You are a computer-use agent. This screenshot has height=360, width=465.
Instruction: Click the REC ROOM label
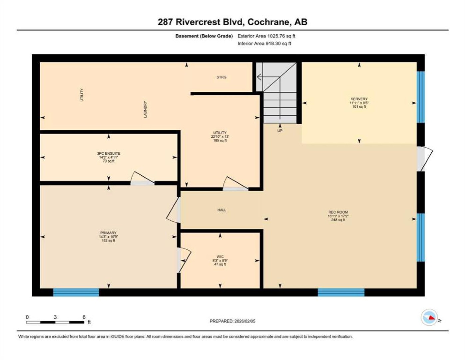(338, 212)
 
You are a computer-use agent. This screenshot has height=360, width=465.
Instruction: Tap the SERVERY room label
(359, 99)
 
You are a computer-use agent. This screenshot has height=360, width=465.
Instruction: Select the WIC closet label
(220, 257)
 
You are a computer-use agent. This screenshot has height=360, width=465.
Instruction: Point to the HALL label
(222, 210)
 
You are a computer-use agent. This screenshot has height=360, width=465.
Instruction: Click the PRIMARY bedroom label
(108, 233)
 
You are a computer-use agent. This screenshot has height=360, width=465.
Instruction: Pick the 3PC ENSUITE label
(109, 154)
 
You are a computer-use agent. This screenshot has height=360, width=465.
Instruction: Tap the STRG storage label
(221, 77)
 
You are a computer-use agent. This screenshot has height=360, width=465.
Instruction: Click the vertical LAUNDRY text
(145, 109)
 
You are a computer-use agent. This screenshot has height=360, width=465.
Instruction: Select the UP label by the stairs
(280, 131)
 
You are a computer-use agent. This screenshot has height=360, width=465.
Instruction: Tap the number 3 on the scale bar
(55, 317)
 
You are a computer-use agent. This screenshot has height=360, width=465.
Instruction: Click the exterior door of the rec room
(425, 159)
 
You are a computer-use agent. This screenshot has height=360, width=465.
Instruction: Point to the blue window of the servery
(421, 97)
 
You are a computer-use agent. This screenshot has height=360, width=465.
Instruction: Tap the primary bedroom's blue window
(76, 292)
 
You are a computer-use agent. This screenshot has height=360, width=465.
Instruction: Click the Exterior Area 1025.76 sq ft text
(266, 36)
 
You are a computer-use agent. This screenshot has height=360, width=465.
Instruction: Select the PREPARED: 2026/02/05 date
(232, 321)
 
